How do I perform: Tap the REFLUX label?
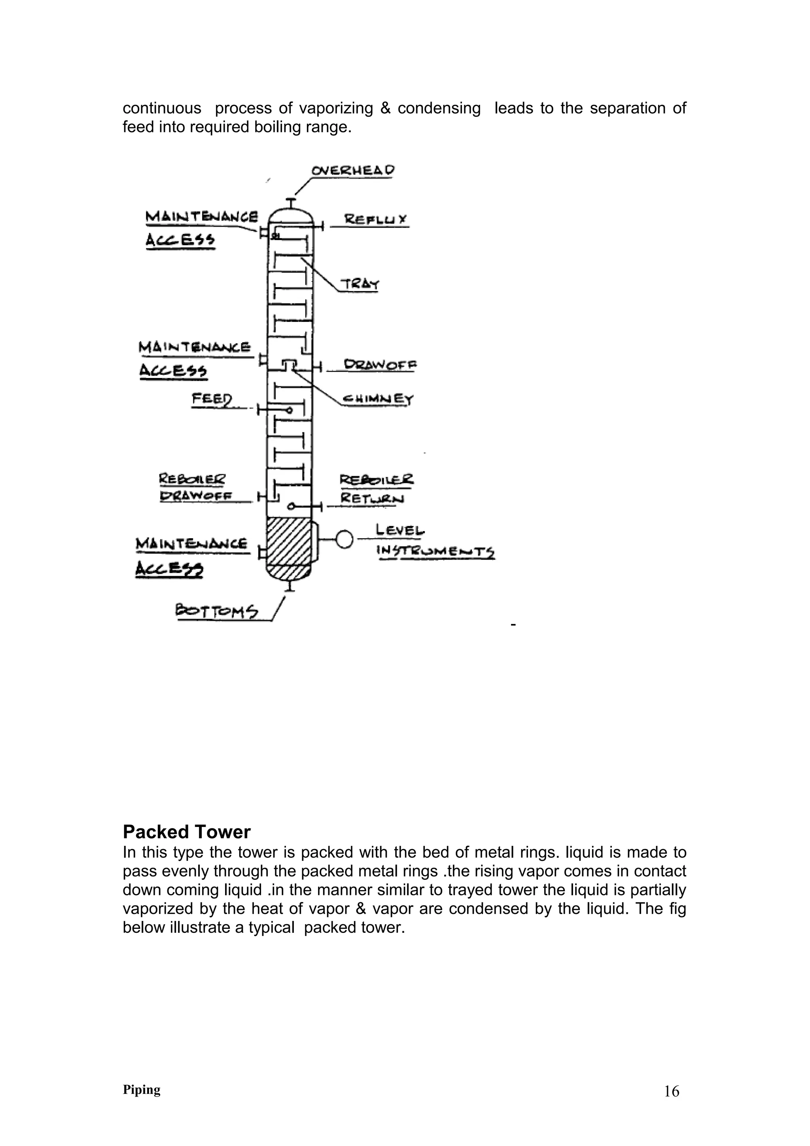coord(376,219)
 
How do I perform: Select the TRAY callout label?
coord(360,284)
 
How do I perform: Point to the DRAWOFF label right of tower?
coord(380,365)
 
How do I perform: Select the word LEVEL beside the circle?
coord(400,530)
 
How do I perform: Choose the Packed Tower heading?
coord(187,832)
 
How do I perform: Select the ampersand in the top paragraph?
coord(385,108)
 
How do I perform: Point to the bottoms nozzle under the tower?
coord(290,587)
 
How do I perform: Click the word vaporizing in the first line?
coord(336,108)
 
